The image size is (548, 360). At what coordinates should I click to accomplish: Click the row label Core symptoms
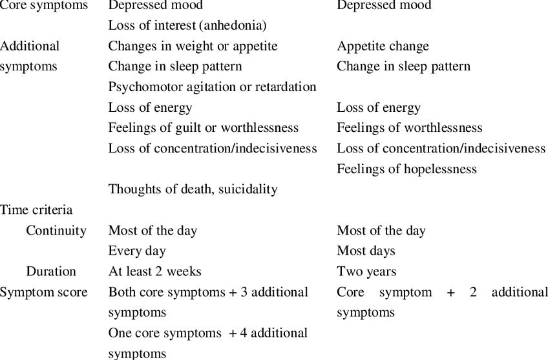(44, 6)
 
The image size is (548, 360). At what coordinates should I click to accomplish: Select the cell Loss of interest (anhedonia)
(187, 26)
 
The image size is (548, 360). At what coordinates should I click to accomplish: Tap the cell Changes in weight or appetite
(193, 47)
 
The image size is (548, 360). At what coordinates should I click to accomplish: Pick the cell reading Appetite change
(383, 47)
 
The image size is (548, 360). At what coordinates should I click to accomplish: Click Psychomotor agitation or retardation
(212, 87)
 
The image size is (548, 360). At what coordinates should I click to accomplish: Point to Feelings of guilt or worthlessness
(203, 128)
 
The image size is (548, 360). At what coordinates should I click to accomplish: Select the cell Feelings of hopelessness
(406, 169)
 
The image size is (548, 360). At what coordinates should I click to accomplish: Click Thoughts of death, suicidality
(193, 189)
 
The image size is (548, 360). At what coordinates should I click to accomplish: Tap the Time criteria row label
(36, 210)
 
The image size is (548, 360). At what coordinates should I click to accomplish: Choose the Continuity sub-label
(56, 231)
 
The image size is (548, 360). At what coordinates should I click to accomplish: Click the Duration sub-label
(51, 271)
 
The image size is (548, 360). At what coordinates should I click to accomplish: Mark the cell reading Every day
(137, 251)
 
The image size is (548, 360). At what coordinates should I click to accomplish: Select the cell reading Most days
(366, 251)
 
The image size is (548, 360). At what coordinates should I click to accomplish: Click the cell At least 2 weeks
(154, 271)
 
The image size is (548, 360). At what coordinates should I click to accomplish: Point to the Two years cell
(366, 271)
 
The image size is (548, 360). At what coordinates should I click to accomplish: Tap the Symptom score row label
(44, 292)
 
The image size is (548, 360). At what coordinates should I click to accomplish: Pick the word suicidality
(248, 189)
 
